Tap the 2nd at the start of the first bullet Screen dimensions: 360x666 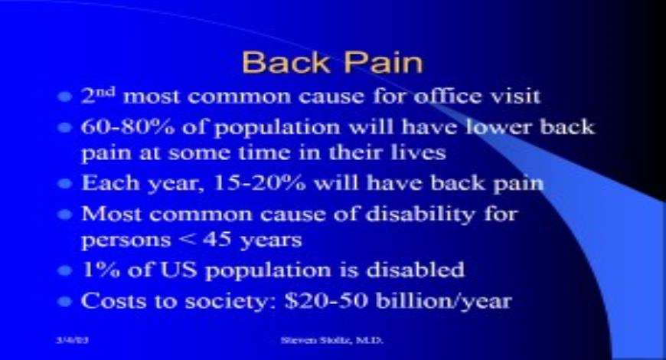coord(100,97)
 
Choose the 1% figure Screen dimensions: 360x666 coord(96,270)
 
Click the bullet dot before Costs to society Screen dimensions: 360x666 coord(67,300)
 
